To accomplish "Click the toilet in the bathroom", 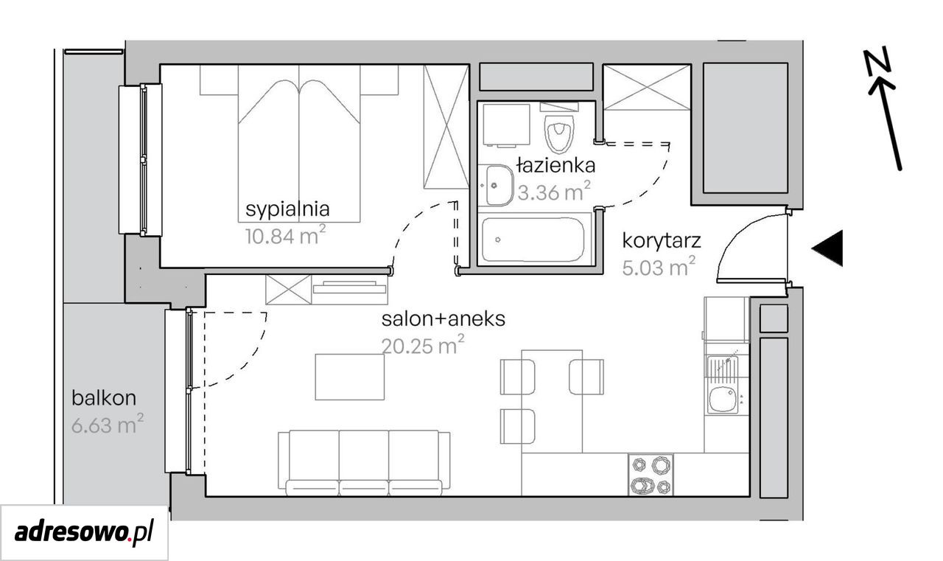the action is pyautogui.click(x=559, y=133).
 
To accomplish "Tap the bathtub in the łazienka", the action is pyautogui.click(x=533, y=240).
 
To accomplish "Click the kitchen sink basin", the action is pyautogui.click(x=723, y=400).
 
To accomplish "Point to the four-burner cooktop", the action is pyautogui.click(x=651, y=475).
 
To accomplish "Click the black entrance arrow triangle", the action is pyautogui.click(x=827, y=248).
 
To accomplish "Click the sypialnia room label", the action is pyautogui.click(x=287, y=210).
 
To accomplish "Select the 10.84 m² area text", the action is pyautogui.click(x=285, y=235).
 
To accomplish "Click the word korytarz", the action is pyautogui.click(x=662, y=241).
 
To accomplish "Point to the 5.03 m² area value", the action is pyautogui.click(x=659, y=267).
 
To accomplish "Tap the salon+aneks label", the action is pyautogui.click(x=444, y=318).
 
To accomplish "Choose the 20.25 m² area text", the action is pyautogui.click(x=423, y=345).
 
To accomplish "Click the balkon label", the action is pyautogui.click(x=104, y=398).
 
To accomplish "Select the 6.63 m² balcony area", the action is pyautogui.click(x=108, y=424).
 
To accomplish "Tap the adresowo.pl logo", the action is pyautogui.click(x=84, y=533).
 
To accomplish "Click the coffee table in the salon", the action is pyautogui.click(x=350, y=377).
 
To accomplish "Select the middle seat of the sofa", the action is pyautogui.click(x=364, y=462).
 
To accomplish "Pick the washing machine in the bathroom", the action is pyautogui.click(x=506, y=125).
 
